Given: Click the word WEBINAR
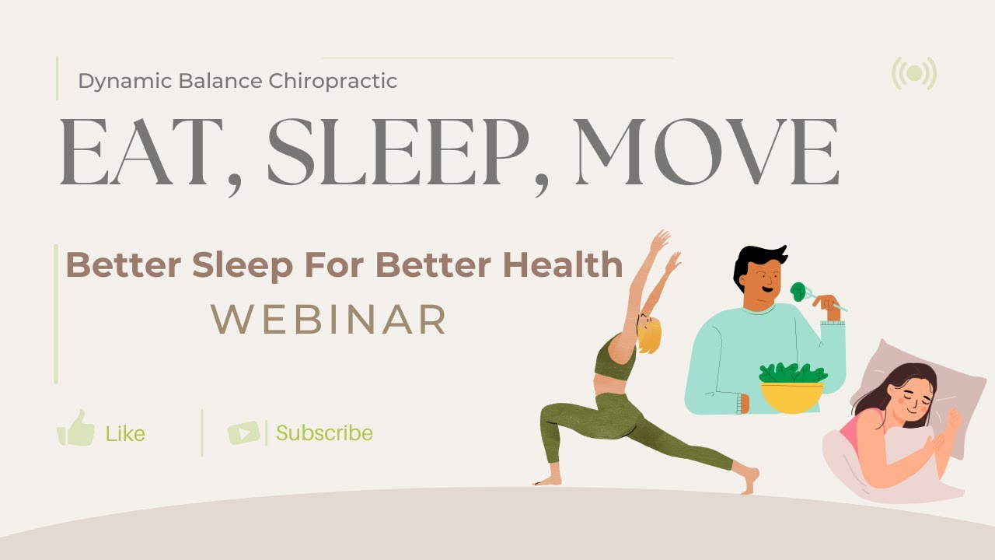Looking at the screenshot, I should (330, 320).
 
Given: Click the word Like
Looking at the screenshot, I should (125, 433).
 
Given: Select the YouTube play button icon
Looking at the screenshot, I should (243, 432).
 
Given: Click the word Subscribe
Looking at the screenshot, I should (324, 432).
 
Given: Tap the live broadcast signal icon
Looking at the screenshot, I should (914, 74).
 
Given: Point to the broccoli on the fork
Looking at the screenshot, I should (798, 292).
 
